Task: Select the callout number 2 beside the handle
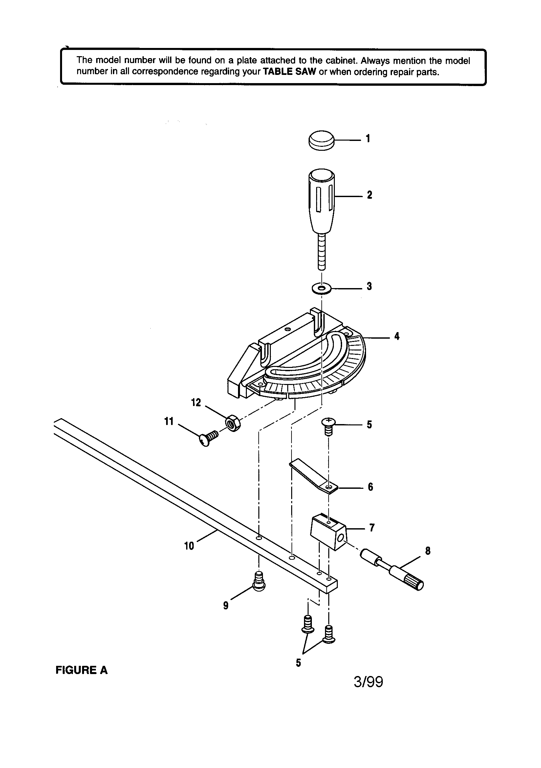[369, 195]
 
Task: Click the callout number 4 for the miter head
[397, 336]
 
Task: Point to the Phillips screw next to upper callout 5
[329, 426]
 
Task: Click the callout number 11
[169, 421]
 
